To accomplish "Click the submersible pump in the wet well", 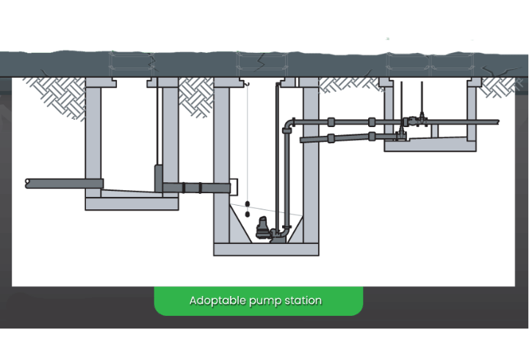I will [262, 233].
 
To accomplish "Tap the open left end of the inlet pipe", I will [27, 182].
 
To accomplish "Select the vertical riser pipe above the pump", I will [278, 176].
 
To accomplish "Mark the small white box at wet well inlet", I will [234, 187].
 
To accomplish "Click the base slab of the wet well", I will [266, 250].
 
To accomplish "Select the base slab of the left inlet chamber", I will [132, 204].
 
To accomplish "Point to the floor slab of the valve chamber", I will [430, 146].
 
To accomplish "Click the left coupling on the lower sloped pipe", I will [331, 137].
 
